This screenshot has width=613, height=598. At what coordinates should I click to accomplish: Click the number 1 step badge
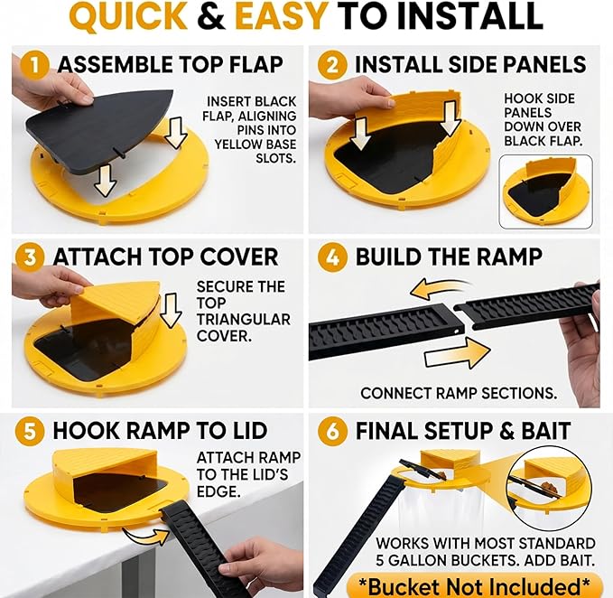[35, 64]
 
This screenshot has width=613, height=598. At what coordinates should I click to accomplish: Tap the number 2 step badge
[332, 64]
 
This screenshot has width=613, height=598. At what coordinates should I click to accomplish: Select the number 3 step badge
[30, 257]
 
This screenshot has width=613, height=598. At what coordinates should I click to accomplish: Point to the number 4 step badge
[332, 257]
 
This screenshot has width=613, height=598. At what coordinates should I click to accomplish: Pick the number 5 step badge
[30, 432]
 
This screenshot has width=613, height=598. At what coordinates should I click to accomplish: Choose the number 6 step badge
[332, 432]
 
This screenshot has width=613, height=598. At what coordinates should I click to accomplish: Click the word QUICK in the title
[128, 16]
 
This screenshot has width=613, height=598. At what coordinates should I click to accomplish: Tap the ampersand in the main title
[211, 15]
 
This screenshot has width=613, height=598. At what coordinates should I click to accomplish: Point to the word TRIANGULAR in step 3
[243, 319]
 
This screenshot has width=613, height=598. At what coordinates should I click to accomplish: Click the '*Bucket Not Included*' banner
[474, 586]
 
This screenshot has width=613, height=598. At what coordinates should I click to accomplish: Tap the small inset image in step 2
[546, 192]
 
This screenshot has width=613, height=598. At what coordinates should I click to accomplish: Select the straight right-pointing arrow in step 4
[457, 353]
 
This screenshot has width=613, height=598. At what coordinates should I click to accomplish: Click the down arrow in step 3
[172, 311]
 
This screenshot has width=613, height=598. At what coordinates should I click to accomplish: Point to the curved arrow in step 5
[145, 536]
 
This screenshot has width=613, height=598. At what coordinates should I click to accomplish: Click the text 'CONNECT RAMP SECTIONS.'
[459, 394]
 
